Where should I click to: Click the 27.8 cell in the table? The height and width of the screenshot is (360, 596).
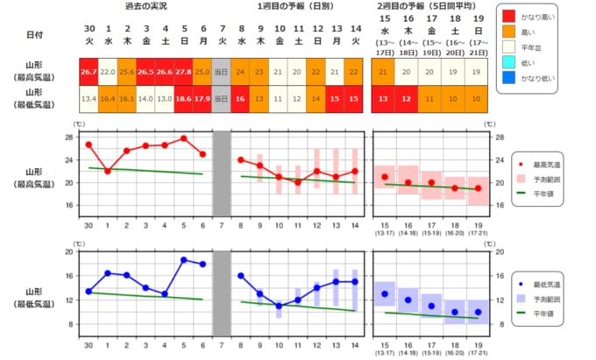click(x=184, y=72)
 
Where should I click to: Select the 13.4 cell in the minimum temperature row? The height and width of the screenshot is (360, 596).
click(x=89, y=99)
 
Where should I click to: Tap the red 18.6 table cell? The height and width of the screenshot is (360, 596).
click(x=184, y=99)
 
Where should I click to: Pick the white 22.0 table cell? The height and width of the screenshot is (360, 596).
click(x=108, y=72)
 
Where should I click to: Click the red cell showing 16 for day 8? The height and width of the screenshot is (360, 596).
click(x=241, y=99)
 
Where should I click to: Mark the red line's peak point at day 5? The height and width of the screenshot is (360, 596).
click(x=184, y=138)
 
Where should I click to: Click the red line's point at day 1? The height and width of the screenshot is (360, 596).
click(x=108, y=171)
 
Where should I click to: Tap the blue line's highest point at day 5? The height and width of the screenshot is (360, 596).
click(x=184, y=259)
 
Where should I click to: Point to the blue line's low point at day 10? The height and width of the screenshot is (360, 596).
click(x=279, y=306)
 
